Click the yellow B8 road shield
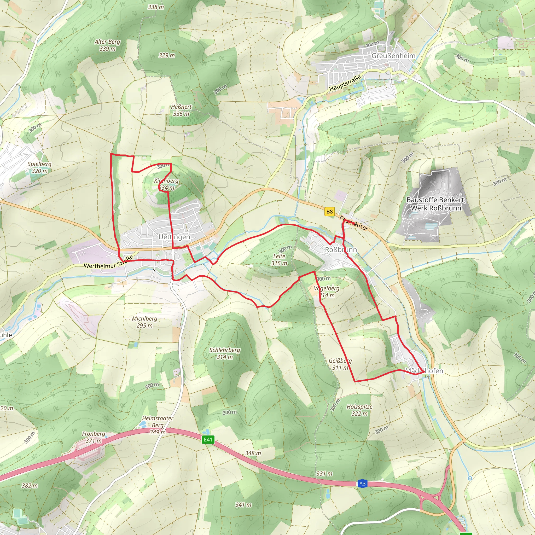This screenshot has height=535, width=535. (x=329, y=212)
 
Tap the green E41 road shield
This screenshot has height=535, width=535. (x=208, y=439)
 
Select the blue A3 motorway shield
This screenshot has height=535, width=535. (x=362, y=484)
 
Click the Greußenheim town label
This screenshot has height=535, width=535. (x=393, y=56)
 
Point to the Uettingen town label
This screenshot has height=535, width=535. (x=174, y=237)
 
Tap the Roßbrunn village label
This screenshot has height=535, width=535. (x=341, y=250)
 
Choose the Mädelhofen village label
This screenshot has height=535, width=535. (x=424, y=371)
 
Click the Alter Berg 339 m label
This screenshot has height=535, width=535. (x=107, y=45)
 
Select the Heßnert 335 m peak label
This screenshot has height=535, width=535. (x=181, y=110)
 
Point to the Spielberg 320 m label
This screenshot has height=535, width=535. (x=40, y=167)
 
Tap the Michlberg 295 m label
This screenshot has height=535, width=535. (x=144, y=322)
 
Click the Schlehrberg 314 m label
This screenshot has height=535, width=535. (x=225, y=353)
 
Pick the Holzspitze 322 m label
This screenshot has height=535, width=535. (x=359, y=410)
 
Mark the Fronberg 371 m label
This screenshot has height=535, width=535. (x=94, y=437)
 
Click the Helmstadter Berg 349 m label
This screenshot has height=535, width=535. (x=158, y=425)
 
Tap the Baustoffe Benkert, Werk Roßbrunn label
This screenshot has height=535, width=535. (x=436, y=204)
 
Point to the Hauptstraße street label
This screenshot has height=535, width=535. (x=345, y=83)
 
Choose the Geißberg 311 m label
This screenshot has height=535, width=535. (x=340, y=364)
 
